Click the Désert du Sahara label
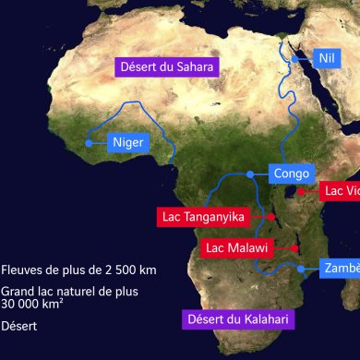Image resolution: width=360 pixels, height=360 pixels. (x=166, y=66)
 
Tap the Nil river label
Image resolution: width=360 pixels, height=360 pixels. (x=324, y=57)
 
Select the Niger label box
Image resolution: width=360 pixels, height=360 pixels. (x=127, y=143)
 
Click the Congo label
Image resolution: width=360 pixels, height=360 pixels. (x=292, y=173)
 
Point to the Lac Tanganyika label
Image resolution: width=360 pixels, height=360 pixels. (x=202, y=216)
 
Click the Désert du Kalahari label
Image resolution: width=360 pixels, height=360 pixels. (x=238, y=294)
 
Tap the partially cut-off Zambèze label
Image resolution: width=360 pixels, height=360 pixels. (x=339, y=268)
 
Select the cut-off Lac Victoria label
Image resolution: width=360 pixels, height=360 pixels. (x=341, y=192)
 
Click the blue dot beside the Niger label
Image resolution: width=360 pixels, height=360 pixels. (x=89, y=143)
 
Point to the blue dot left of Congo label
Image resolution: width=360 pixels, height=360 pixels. (x=251, y=173)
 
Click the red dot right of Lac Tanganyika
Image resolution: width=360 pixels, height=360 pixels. (x=273, y=216)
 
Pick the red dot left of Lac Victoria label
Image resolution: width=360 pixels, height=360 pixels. (x=300, y=191)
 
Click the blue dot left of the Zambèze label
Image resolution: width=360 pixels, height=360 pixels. (x=302, y=268)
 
